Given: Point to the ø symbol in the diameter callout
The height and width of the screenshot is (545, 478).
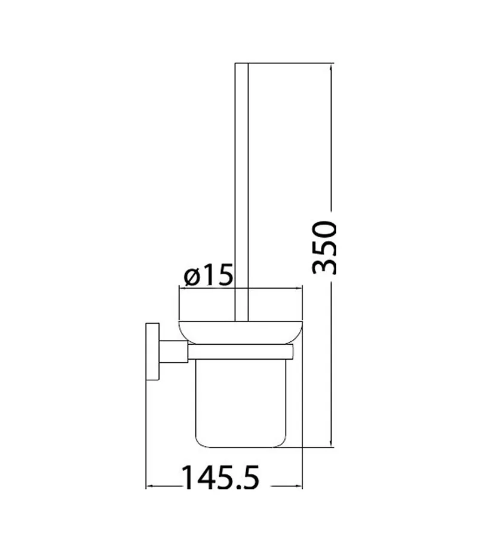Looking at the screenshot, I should point(192,277).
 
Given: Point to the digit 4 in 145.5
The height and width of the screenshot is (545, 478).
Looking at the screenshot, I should point(204,477).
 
